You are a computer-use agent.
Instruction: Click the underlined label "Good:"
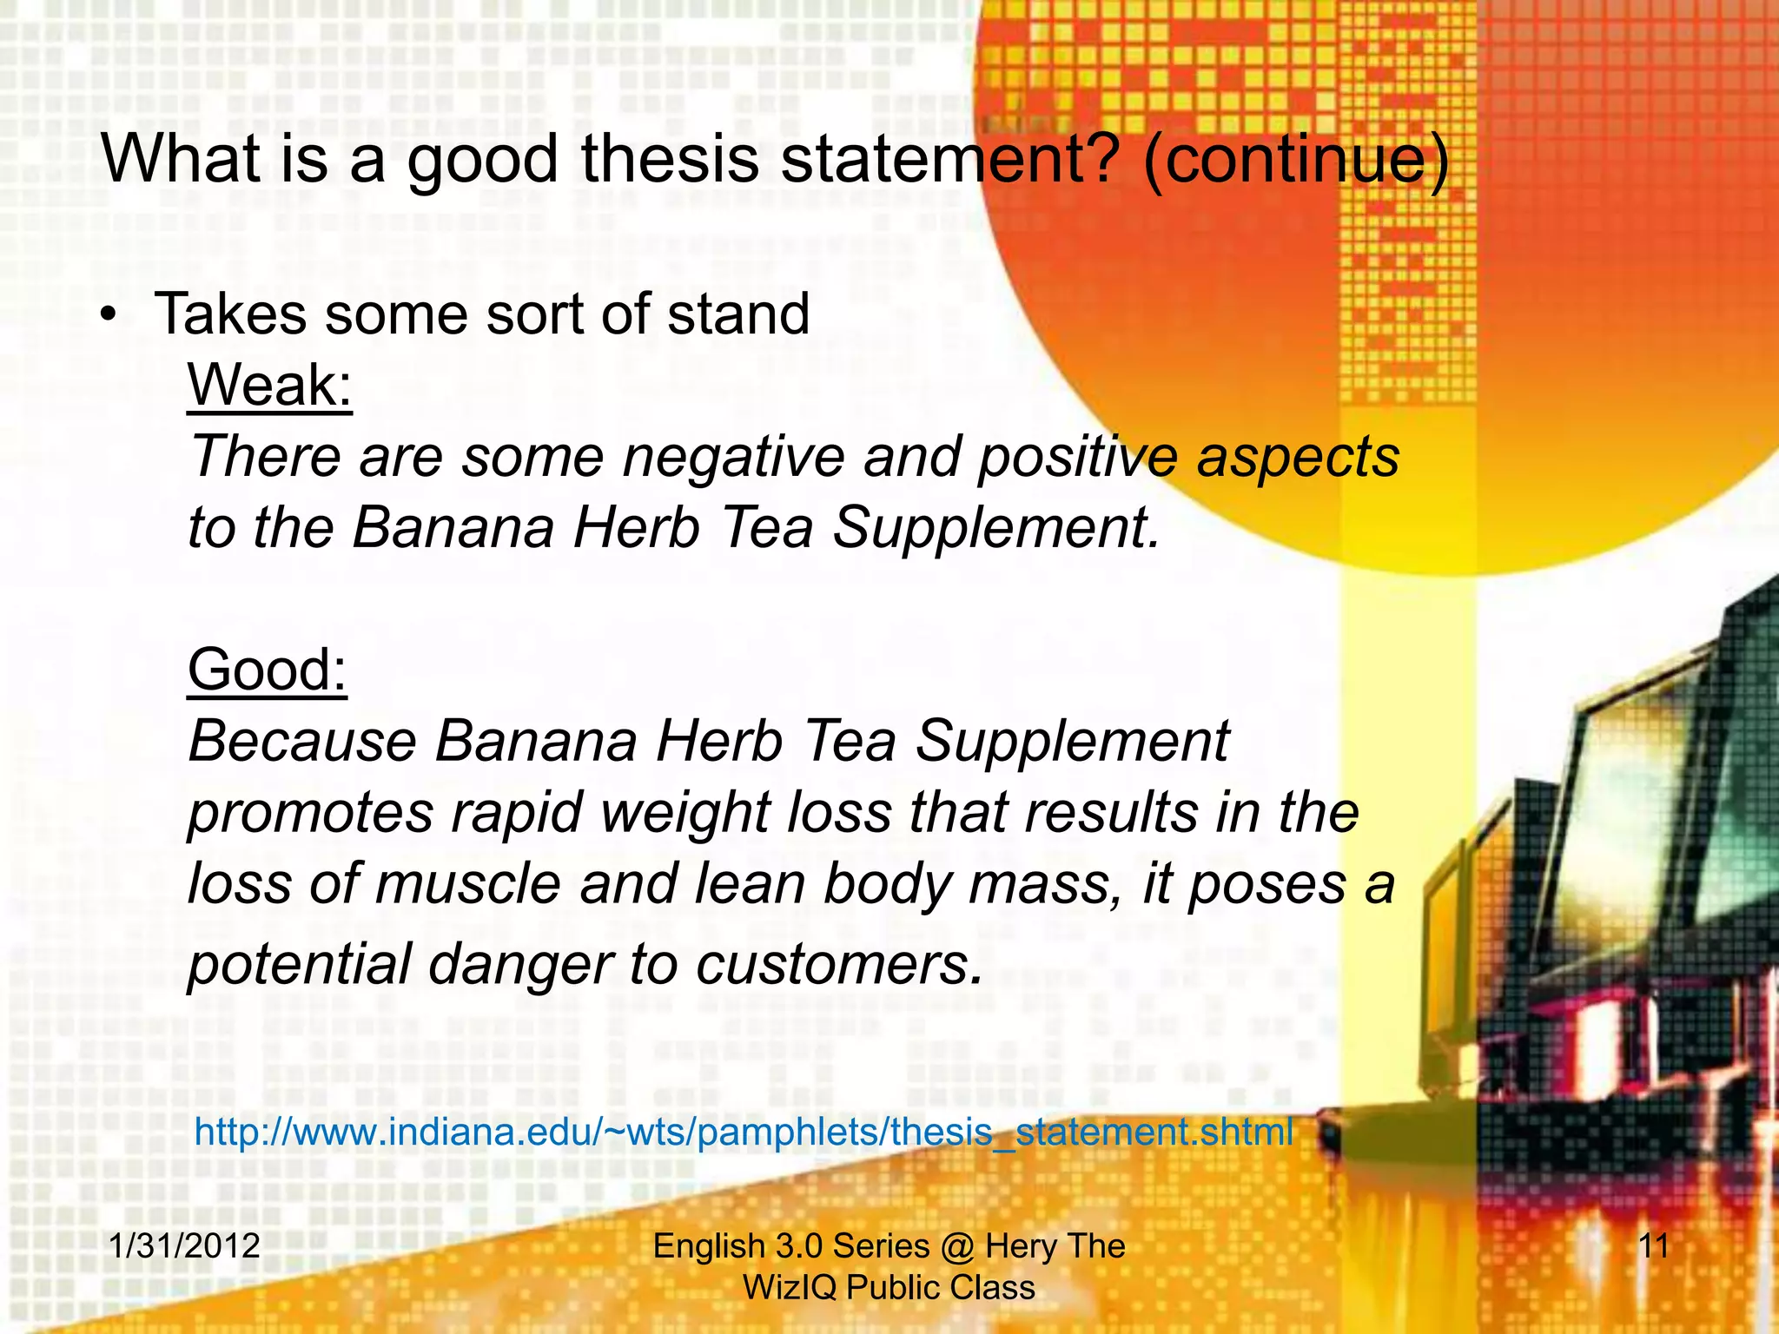(x=268, y=670)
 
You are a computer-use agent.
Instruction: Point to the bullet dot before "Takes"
(x=107, y=315)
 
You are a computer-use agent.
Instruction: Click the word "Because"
(x=302, y=742)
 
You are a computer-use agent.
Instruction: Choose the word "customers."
(x=840, y=964)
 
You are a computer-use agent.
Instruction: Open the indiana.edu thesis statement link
(x=744, y=1132)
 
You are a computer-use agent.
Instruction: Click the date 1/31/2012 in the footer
(x=184, y=1245)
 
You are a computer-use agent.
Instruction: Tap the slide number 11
(x=1653, y=1245)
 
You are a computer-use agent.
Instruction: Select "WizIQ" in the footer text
(x=789, y=1287)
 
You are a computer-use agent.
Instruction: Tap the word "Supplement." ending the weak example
(x=996, y=528)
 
